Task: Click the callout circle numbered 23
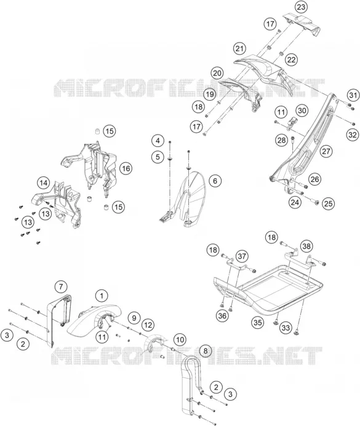(x=301, y=7)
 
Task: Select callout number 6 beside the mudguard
(x=215, y=181)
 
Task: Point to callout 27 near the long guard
(x=326, y=151)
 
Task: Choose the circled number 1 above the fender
(x=102, y=296)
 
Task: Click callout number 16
(x=126, y=168)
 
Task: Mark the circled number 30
(x=302, y=111)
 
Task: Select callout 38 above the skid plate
(x=306, y=246)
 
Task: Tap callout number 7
(x=61, y=286)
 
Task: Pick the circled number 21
(x=239, y=49)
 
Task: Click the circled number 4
(x=158, y=141)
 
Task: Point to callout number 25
(x=328, y=203)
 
